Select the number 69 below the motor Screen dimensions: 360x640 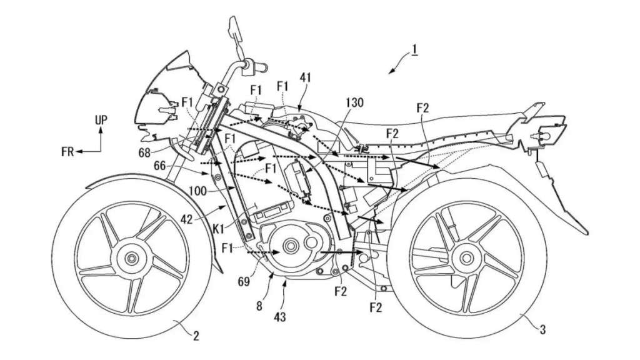[x=244, y=282]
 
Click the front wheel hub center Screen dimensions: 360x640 [x=131, y=258]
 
